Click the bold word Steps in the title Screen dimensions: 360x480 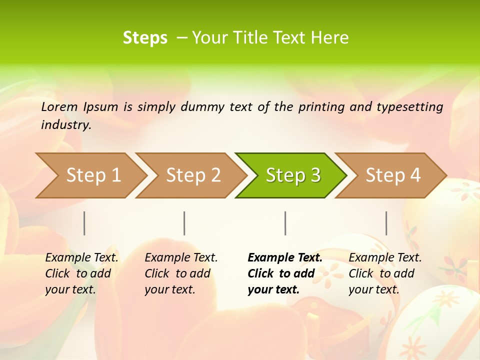[145, 38]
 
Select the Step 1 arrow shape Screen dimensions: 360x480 [92, 175]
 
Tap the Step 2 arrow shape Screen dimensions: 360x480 [192, 175]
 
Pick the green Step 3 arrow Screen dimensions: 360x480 [292, 175]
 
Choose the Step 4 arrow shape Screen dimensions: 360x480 [392, 175]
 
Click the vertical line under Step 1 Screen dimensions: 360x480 [84, 223]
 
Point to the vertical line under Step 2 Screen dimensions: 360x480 [184, 223]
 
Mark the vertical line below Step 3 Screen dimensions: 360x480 [285, 223]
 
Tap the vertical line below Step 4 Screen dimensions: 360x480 [386, 223]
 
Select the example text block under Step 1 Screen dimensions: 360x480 [81, 273]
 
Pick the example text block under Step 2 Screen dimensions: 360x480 [181, 273]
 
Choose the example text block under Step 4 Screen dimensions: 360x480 [385, 273]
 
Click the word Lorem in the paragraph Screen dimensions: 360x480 [59, 106]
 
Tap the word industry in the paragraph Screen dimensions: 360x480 [65, 125]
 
